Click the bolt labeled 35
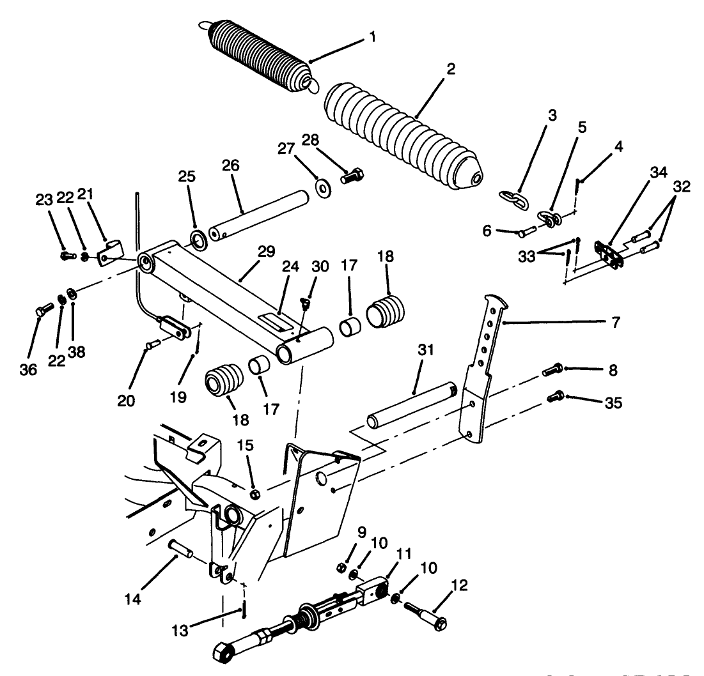555,398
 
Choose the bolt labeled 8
552,369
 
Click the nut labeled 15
256,494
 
